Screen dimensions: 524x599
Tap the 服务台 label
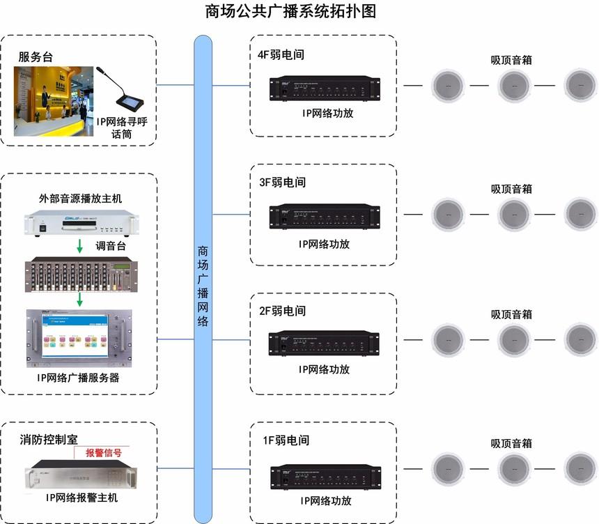[36, 57]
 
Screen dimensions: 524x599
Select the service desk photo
[54, 101]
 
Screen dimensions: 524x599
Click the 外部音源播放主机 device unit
[80, 224]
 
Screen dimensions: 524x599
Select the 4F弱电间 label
[281, 54]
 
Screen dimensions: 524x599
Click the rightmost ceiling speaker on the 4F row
[580, 86]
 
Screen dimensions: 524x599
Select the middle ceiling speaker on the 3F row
[515, 215]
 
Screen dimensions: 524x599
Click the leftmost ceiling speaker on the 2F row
[448, 340]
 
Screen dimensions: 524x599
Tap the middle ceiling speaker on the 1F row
[515, 469]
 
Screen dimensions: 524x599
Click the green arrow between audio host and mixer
[80, 245]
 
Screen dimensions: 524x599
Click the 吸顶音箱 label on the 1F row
[511, 443]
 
